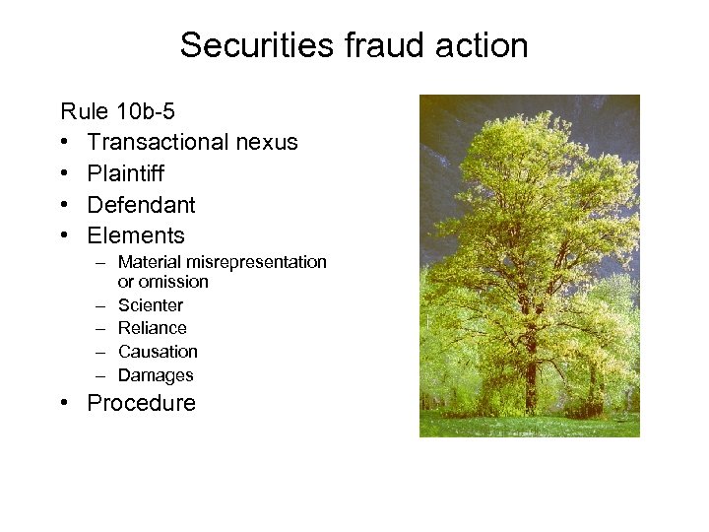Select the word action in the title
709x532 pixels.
tap(483, 45)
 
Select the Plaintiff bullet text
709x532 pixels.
tap(125, 173)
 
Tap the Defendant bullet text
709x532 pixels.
tap(141, 205)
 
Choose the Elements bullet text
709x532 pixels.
tap(136, 235)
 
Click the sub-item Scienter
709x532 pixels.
tap(150, 305)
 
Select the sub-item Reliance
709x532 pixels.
tap(152, 328)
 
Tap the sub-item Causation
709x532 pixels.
tap(158, 352)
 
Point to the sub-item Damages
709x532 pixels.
tap(156, 375)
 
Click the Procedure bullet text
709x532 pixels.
tap(141, 403)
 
